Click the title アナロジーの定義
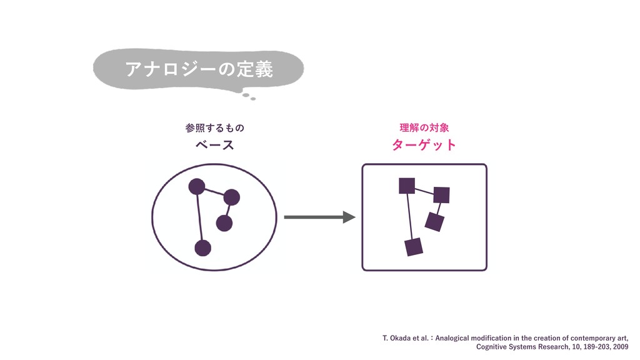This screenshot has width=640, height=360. (199, 69)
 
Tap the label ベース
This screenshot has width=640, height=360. (214, 146)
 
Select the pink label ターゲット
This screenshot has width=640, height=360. (424, 146)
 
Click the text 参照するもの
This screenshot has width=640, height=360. (214, 128)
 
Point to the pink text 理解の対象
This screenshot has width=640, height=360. (424, 128)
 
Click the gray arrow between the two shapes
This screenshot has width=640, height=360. (319, 217)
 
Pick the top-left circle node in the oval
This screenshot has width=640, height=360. (197, 186)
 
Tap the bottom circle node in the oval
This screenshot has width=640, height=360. (202, 247)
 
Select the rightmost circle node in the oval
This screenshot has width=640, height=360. (231, 197)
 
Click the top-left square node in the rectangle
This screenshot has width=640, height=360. (407, 186)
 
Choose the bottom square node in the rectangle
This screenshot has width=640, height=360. (414, 247)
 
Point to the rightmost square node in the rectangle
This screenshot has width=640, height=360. (441, 195)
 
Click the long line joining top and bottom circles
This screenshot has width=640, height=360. (199, 217)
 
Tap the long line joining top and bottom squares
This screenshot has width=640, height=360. (410, 216)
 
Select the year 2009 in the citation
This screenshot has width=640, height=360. (620, 346)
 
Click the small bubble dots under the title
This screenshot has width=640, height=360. (249, 96)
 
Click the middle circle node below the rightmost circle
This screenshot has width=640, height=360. (224, 222)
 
